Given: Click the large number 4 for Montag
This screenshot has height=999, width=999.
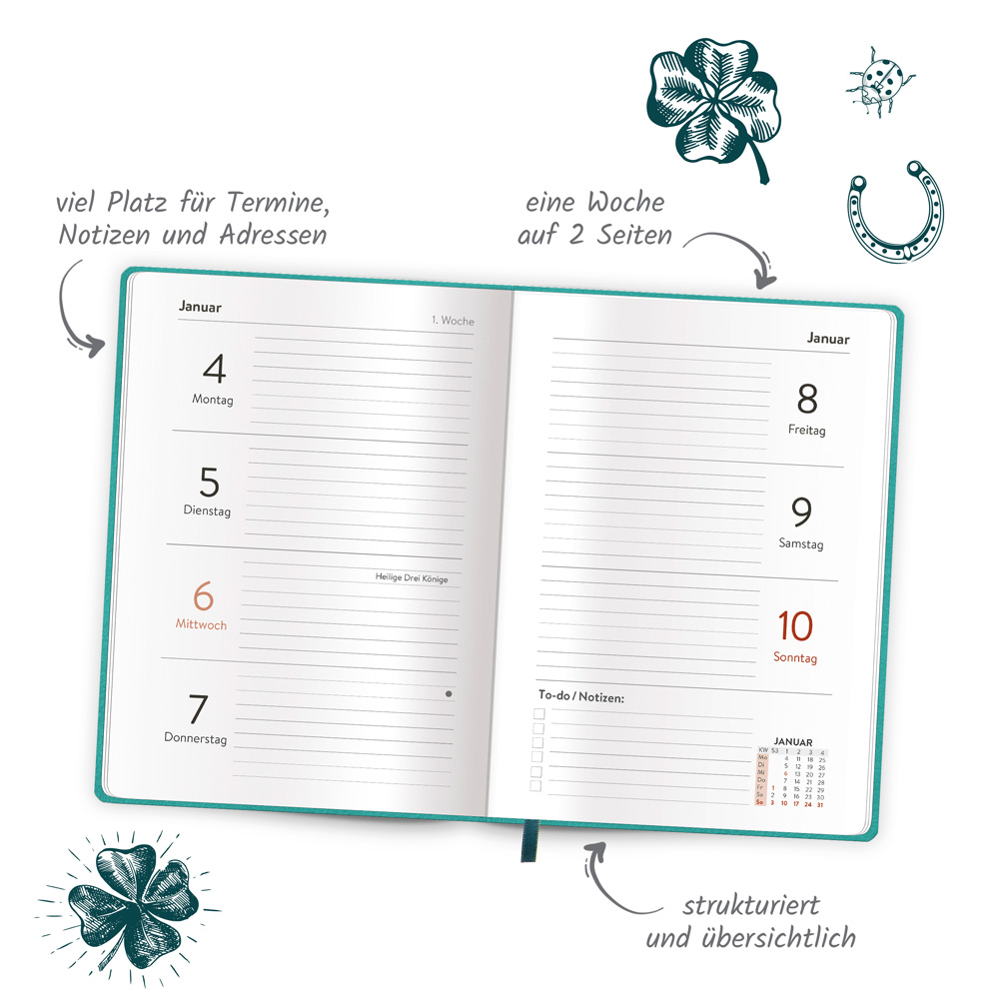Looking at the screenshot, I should click(214, 370).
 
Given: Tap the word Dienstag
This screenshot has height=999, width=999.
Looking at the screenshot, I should click(207, 510).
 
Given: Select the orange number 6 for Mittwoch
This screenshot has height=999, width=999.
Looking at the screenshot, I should click(203, 597).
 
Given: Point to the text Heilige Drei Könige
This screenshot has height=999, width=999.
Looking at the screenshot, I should click(412, 577).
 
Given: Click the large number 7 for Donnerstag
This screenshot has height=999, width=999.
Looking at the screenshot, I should click(198, 710).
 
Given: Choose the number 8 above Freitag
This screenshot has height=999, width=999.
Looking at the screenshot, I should click(807, 400).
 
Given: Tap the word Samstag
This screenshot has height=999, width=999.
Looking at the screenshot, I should click(801, 544).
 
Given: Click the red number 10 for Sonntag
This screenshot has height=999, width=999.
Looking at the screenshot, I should click(795, 627).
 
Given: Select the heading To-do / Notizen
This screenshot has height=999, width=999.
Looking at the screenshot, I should click(580, 696).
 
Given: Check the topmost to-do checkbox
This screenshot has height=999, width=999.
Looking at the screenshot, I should click(538, 714).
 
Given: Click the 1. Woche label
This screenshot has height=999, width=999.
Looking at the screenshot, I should click(453, 321).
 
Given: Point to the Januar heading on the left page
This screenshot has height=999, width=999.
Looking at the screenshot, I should click(200, 307).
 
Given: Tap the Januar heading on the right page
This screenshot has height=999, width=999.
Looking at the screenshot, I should click(828, 339).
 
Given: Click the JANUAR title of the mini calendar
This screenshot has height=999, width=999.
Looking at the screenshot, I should click(793, 742).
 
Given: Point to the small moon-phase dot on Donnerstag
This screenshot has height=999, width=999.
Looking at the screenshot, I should click(449, 693).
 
